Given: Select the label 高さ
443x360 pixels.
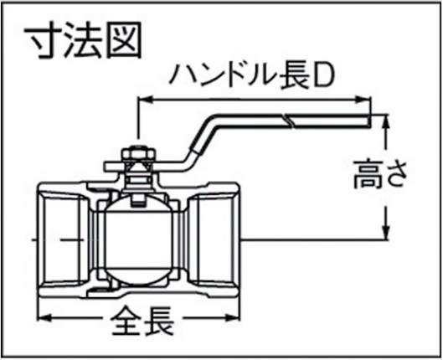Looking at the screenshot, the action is pos(380,174).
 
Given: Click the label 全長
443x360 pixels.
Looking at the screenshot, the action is pos(142,321).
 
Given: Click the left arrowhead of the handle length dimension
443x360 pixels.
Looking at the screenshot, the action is pos(146,100).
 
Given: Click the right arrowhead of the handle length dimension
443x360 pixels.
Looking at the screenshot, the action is pos(363,100).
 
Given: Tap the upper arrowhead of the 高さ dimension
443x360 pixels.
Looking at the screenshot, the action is pos(386,122).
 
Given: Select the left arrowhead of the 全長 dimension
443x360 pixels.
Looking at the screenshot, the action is pos(44,318).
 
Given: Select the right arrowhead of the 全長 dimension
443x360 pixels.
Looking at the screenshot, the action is pos(232,318).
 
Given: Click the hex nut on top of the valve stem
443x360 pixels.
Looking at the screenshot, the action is pos(138,153).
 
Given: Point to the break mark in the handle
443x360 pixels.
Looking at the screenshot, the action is pos(288,121).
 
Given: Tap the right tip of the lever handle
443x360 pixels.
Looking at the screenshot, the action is pos(370,121).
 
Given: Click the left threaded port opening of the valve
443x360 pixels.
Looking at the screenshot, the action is pos(61,239).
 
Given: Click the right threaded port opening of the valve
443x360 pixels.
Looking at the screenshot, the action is pos(214,239).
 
